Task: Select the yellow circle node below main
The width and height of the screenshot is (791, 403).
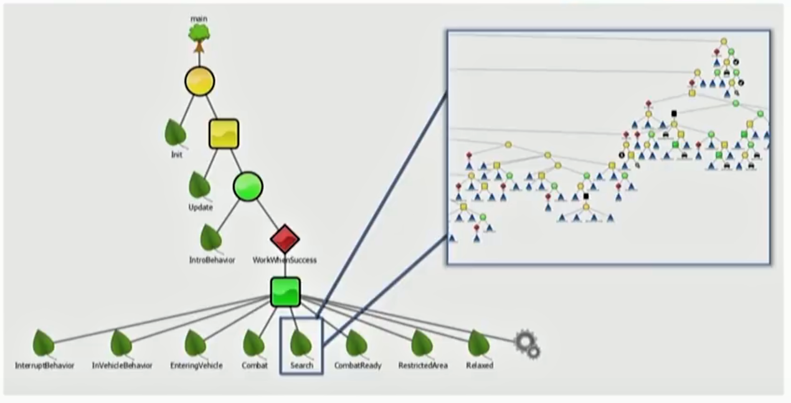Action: [x=199, y=82]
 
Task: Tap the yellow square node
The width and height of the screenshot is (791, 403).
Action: [x=223, y=134]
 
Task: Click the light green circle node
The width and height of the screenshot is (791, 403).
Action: [x=248, y=186]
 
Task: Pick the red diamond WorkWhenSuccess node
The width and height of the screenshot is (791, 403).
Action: [x=285, y=239]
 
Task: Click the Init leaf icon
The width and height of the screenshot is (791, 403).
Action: [x=176, y=133]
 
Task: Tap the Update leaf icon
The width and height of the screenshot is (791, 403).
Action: [x=200, y=185]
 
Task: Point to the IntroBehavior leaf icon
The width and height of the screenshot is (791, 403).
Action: [x=212, y=238]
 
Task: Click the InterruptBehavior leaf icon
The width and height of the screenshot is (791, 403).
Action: [x=43, y=343]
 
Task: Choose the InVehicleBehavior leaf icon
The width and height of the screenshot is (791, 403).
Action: [x=121, y=343]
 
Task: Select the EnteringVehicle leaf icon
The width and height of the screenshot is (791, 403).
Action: [x=196, y=343]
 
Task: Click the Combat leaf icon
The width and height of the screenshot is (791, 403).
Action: [x=254, y=343]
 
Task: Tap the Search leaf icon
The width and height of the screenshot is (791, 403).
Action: [x=301, y=343]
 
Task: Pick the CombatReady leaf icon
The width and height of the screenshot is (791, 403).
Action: [x=357, y=343]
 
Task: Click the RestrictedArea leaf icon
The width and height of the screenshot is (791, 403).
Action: [x=422, y=343]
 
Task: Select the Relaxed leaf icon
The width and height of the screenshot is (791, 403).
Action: [x=478, y=343]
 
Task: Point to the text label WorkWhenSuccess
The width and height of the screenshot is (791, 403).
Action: [x=284, y=260]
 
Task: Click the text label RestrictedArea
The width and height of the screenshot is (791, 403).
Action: [x=422, y=366]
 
